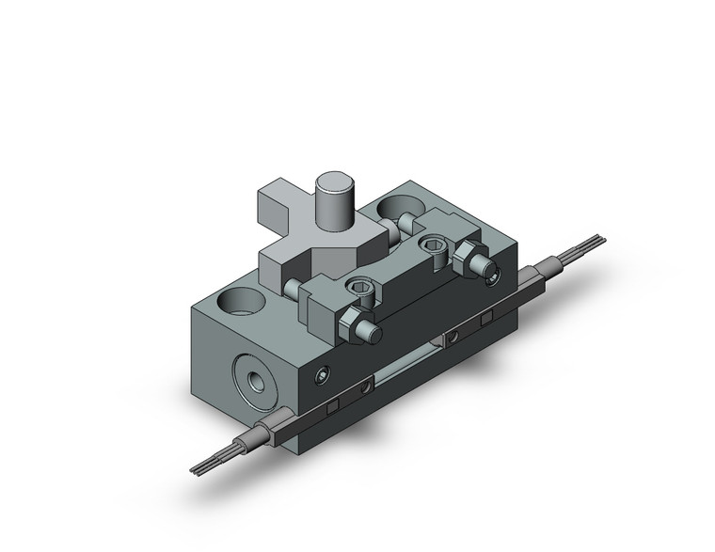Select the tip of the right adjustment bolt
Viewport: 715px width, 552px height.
pyautogui.click(x=490, y=275)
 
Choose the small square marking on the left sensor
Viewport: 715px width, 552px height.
pyautogui.click(x=333, y=405)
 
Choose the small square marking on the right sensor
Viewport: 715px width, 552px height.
pyautogui.click(x=486, y=320)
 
